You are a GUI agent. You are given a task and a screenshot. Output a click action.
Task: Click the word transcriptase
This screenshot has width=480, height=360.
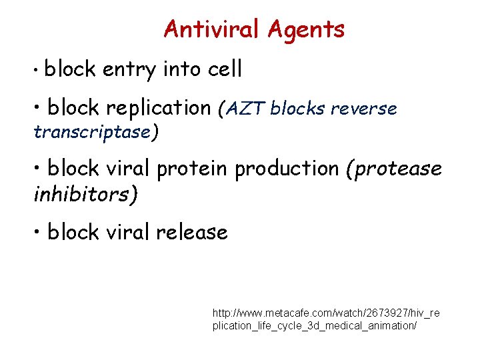92,132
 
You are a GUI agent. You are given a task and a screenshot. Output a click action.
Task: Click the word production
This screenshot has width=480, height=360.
287,169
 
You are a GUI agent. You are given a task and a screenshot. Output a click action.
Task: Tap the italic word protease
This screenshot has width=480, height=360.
398,169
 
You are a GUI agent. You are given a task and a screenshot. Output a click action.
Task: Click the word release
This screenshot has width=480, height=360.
192,232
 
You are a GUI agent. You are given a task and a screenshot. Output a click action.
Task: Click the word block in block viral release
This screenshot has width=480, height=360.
72,232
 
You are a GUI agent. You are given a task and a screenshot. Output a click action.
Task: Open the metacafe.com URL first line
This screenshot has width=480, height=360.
326,312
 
